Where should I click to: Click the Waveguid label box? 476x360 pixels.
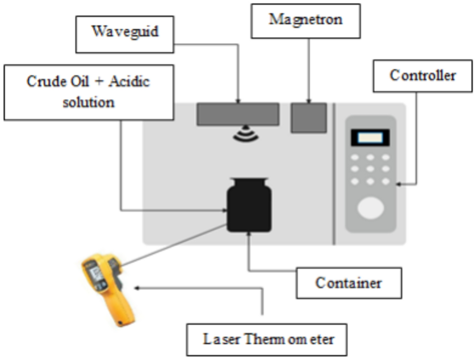click(125, 34)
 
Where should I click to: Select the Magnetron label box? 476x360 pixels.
click(305, 21)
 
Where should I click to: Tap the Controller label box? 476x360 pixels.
click(422, 76)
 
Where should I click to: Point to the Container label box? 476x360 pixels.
click(349, 283)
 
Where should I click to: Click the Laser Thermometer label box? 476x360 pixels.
click(266, 339)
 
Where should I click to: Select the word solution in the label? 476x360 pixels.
click(88, 102)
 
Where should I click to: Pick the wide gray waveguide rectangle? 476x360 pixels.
click(238, 114)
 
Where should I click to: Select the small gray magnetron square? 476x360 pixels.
click(309, 117)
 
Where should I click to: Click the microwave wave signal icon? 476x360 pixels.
click(246, 134)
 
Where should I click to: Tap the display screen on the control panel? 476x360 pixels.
click(370, 138)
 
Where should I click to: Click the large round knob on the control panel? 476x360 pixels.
click(370, 208)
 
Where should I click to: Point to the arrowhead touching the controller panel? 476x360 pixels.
click(399, 184)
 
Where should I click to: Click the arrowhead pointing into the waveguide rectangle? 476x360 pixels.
click(238, 101)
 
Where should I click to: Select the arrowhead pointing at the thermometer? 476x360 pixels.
click(137, 288)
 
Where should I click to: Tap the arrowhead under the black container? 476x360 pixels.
click(248, 234)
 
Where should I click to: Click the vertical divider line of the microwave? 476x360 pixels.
click(334, 174)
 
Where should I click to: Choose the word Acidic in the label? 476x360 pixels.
click(129, 82)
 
